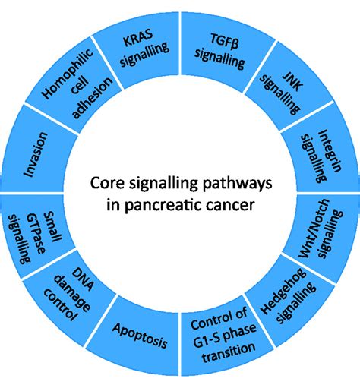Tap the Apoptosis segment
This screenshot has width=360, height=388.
coord(140,331)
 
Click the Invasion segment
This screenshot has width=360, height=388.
coord(38,156)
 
